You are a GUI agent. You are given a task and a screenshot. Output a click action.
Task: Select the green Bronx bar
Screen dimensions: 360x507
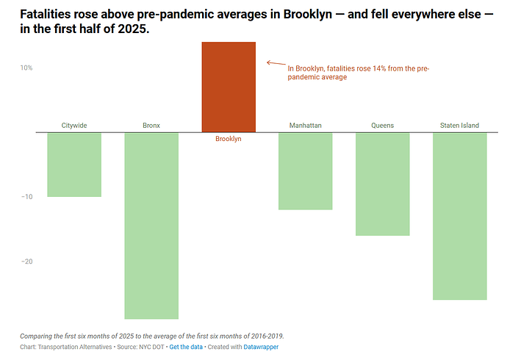[x=151, y=225]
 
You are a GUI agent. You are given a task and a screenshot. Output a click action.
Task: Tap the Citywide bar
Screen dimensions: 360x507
[x=74, y=165]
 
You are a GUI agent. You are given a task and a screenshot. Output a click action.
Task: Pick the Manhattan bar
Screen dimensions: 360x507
[x=306, y=171]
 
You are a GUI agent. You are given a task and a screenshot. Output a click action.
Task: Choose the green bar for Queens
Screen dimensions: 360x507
[x=382, y=184]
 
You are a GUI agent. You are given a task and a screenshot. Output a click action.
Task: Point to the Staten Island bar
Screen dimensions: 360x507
[x=459, y=216]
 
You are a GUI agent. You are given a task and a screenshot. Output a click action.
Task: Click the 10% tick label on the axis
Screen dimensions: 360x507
[x=26, y=68]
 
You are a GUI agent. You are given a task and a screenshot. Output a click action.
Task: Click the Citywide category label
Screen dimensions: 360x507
[x=74, y=126]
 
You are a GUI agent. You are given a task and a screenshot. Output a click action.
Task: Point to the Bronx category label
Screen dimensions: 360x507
[x=151, y=126]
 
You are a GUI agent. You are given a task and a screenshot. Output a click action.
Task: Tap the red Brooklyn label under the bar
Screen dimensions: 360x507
[x=229, y=139]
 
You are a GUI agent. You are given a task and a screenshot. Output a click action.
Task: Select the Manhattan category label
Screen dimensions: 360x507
[x=306, y=126]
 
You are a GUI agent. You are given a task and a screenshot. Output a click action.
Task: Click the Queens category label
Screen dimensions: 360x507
[x=382, y=126]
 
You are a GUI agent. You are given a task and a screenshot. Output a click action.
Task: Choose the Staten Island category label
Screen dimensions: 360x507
[x=459, y=126]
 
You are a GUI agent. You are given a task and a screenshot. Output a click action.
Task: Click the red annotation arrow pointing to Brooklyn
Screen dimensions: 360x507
[x=274, y=64]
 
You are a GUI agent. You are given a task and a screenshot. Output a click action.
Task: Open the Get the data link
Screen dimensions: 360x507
[x=187, y=347]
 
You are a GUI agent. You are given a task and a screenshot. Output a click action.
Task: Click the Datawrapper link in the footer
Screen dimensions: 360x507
[x=261, y=347]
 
